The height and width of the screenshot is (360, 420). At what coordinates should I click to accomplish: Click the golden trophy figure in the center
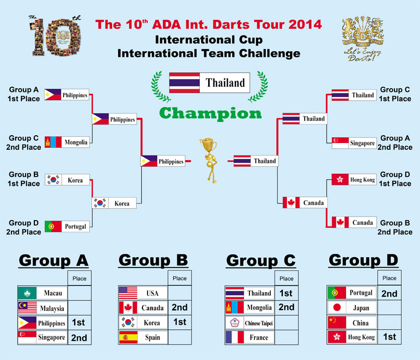(x=209, y=160)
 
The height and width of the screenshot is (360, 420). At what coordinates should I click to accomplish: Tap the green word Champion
(x=210, y=113)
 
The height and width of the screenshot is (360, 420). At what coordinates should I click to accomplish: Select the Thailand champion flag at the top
(x=184, y=83)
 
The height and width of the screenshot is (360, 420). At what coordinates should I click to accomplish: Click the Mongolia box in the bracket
(x=67, y=142)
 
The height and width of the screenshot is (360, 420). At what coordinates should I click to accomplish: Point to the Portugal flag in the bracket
(x=53, y=226)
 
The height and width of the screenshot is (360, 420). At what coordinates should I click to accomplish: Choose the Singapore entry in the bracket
(x=354, y=143)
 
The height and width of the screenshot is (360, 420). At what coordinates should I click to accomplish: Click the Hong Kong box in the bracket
(x=354, y=179)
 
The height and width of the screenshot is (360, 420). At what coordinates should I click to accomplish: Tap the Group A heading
(x=54, y=260)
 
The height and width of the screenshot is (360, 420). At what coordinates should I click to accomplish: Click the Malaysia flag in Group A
(x=27, y=308)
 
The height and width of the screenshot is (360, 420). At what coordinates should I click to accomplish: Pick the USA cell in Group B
(x=143, y=293)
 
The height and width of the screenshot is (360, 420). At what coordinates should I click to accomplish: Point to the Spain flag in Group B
(x=128, y=337)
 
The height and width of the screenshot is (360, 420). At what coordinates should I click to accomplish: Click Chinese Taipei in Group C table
(x=249, y=323)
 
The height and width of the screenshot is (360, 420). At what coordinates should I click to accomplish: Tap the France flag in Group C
(x=235, y=337)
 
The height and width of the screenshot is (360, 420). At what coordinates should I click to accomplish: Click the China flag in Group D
(x=337, y=322)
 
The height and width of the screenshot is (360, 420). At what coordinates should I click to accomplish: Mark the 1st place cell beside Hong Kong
(x=389, y=337)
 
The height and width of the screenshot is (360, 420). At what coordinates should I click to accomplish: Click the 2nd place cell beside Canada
(x=179, y=307)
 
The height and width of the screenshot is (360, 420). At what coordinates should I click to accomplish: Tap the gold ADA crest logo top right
(x=363, y=38)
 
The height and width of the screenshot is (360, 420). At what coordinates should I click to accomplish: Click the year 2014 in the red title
(x=305, y=25)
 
